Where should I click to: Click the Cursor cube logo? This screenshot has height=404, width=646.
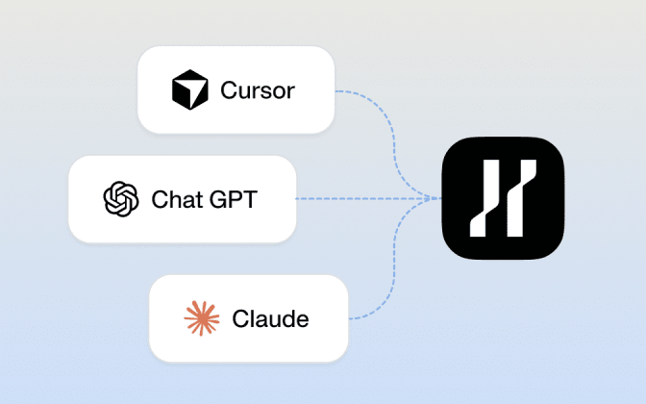pyautogui.click(x=190, y=89)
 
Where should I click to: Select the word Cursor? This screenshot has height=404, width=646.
pyautogui.click(x=258, y=90)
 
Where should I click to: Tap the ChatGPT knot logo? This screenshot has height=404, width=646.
pyautogui.click(x=121, y=199)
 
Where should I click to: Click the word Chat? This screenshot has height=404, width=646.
pyautogui.click(x=177, y=199)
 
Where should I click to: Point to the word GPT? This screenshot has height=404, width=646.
pyautogui.click(x=234, y=199)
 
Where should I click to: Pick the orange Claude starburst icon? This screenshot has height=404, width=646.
pyautogui.click(x=202, y=318)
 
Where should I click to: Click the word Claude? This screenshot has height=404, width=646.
pyautogui.click(x=270, y=318)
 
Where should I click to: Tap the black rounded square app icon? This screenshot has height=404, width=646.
pyautogui.click(x=503, y=198)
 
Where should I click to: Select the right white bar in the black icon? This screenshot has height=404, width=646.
pyautogui.click(x=522, y=198)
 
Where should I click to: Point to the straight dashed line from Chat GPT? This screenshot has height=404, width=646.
pyautogui.click(x=368, y=199)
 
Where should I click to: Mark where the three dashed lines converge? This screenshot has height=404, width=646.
pyautogui.click(x=439, y=199)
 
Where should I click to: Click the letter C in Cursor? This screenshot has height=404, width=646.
pyautogui.click(x=229, y=90)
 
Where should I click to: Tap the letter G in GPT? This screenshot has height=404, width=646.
pyautogui.click(x=218, y=199)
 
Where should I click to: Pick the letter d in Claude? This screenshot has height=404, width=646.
pyautogui.click(x=285, y=318)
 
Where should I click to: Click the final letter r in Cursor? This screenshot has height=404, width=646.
pyautogui.click(x=291, y=92)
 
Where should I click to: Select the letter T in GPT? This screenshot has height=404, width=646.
pyautogui.click(x=250, y=199)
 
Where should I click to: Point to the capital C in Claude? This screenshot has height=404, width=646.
pyautogui.click(x=241, y=318)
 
